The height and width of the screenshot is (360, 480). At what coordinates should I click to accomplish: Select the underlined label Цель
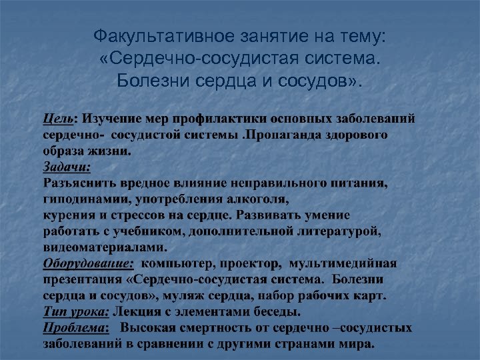[x=57, y=119]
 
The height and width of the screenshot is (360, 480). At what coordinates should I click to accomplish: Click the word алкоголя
[x=262, y=199]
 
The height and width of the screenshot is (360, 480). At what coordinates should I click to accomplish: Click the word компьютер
[x=179, y=263]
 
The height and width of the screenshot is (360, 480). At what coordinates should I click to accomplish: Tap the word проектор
[x=253, y=263]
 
